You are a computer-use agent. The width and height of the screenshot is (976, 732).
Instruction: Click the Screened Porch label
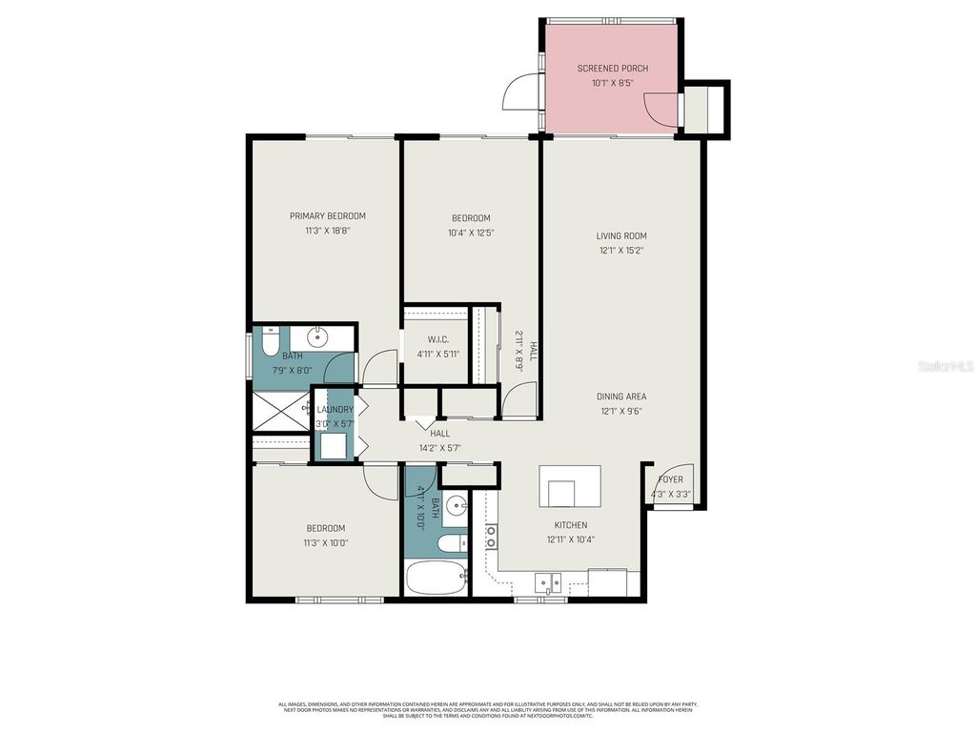point(612,69)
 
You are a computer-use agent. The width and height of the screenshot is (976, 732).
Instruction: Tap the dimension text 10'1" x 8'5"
point(612,83)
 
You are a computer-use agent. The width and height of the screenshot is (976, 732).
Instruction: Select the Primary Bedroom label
point(327,216)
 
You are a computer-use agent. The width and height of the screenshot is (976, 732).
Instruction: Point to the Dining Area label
point(621,396)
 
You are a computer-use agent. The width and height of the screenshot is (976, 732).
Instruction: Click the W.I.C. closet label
point(438,339)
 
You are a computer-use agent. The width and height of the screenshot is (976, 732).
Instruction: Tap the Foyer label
point(671,479)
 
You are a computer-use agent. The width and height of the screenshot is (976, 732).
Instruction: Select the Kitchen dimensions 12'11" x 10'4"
point(571,539)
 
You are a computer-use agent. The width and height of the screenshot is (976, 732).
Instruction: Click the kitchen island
point(570,486)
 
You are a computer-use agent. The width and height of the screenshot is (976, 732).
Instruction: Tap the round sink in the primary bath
point(317,337)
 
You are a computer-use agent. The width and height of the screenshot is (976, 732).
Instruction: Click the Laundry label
point(335,409)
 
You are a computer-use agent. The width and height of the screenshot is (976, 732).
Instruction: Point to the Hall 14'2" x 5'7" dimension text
point(439,447)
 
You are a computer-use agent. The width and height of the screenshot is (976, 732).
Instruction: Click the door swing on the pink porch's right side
point(664,110)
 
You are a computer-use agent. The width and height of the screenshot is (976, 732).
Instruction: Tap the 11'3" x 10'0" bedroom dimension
point(325,543)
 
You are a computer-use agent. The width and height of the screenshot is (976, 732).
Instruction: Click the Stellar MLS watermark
point(944,366)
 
